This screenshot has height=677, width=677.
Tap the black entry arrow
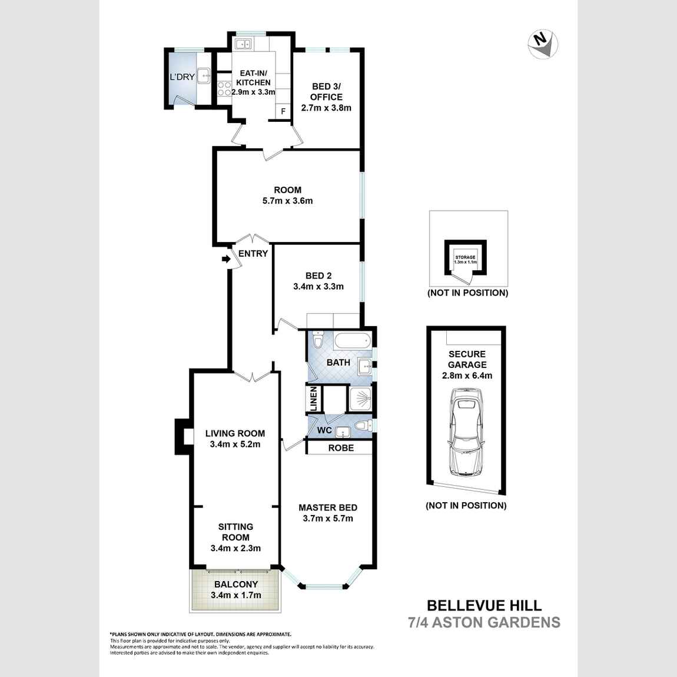pos(225,259)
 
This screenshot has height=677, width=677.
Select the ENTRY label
pos(253,254)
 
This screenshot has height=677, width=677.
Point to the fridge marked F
pos(283,111)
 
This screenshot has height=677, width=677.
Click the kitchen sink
pos(243,44)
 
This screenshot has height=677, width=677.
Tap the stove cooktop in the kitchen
pos(224,88)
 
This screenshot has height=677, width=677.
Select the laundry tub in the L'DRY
pos(204,75)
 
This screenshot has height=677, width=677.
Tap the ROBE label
pos(341,448)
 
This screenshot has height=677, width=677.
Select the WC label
pos(324,430)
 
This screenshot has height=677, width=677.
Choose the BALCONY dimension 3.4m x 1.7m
pos(235,595)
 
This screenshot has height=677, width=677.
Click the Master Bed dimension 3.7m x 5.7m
pos(328,519)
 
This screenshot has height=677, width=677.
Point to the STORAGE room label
pos(465,257)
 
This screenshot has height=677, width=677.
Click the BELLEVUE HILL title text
pos(484,605)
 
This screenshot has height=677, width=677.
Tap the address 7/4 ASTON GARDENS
pos(484,622)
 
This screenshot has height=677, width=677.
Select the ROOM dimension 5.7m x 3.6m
pos(287,201)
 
